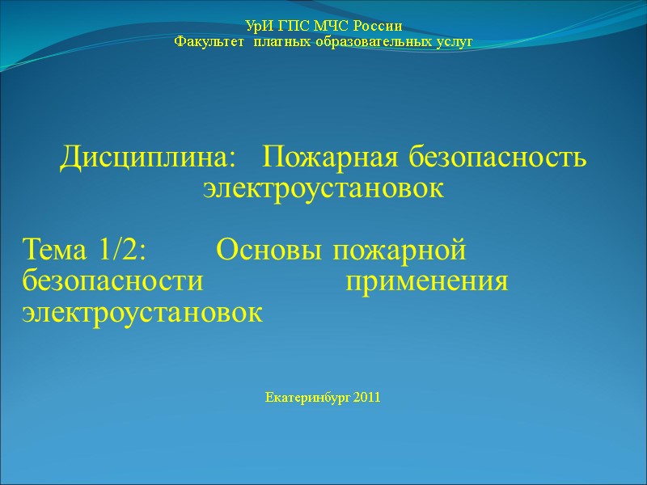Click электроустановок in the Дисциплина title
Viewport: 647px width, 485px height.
(x=323, y=189)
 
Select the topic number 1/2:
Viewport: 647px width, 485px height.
(x=121, y=250)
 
